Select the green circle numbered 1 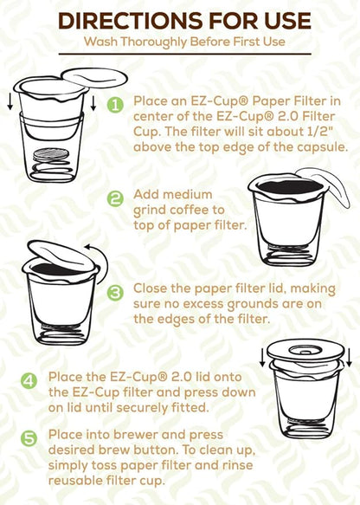(116, 104)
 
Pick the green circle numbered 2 (116, 198)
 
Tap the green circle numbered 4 (29, 380)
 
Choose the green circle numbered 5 (29, 438)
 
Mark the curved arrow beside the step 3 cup (102, 258)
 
